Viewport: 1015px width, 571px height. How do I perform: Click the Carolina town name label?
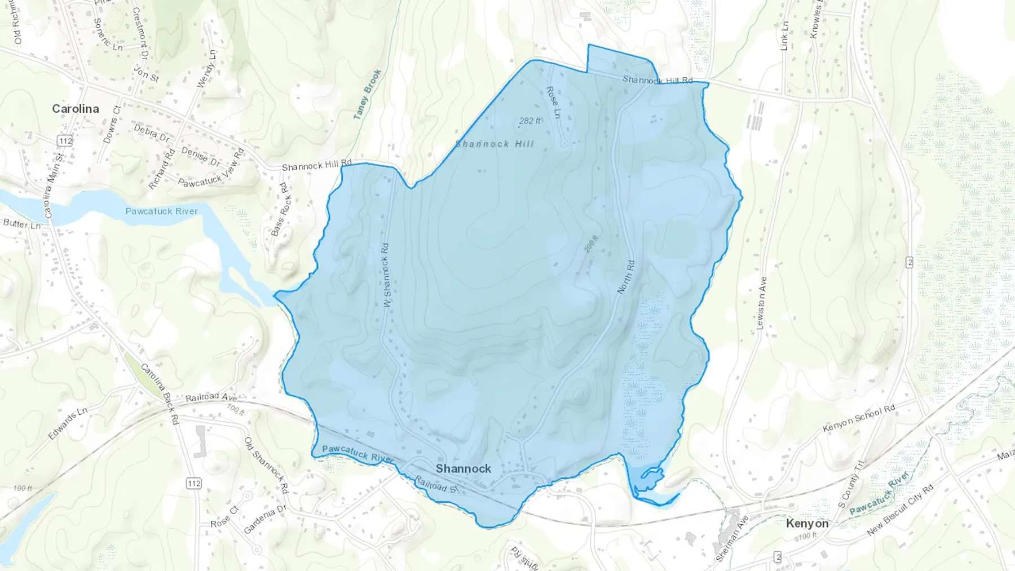tap(76, 109)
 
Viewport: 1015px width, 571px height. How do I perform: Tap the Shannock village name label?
tap(463, 468)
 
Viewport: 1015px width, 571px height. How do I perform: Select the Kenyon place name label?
tap(807, 523)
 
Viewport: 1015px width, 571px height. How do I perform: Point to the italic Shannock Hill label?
tap(495, 144)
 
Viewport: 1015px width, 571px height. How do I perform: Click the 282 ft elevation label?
tap(530, 121)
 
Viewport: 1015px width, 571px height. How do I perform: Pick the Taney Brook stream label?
tap(367, 94)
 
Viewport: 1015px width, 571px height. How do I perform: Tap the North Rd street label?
tap(626, 277)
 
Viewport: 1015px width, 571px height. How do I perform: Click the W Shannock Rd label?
tap(386, 275)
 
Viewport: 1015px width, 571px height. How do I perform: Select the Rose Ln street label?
tap(553, 102)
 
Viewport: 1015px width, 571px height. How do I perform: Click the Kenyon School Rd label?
tap(858, 418)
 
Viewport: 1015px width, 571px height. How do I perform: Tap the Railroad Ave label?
tap(211, 397)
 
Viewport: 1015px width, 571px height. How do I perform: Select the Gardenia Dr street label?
tap(265, 520)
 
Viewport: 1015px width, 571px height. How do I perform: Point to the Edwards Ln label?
tap(68, 423)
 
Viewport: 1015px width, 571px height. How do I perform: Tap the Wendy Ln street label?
tap(206, 69)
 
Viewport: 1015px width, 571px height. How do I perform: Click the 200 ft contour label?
tap(591, 244)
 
